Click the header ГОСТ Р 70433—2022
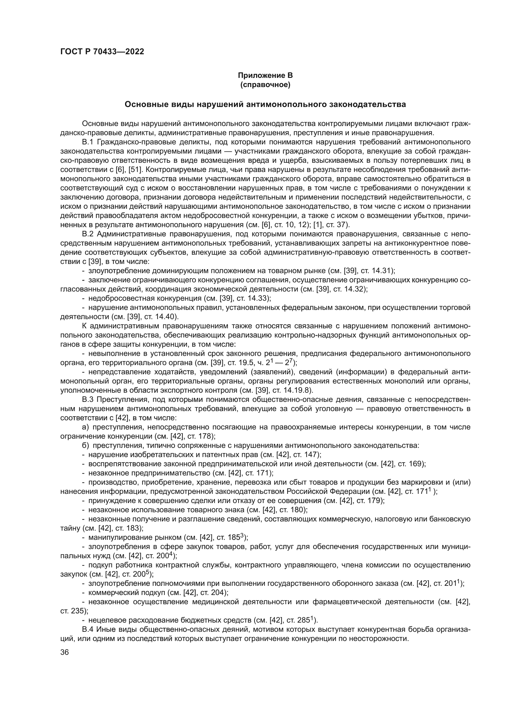[102, 52]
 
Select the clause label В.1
[88, 143]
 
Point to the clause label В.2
[88, 234]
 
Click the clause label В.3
[88, 399]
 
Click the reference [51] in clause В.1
[135, 170]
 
